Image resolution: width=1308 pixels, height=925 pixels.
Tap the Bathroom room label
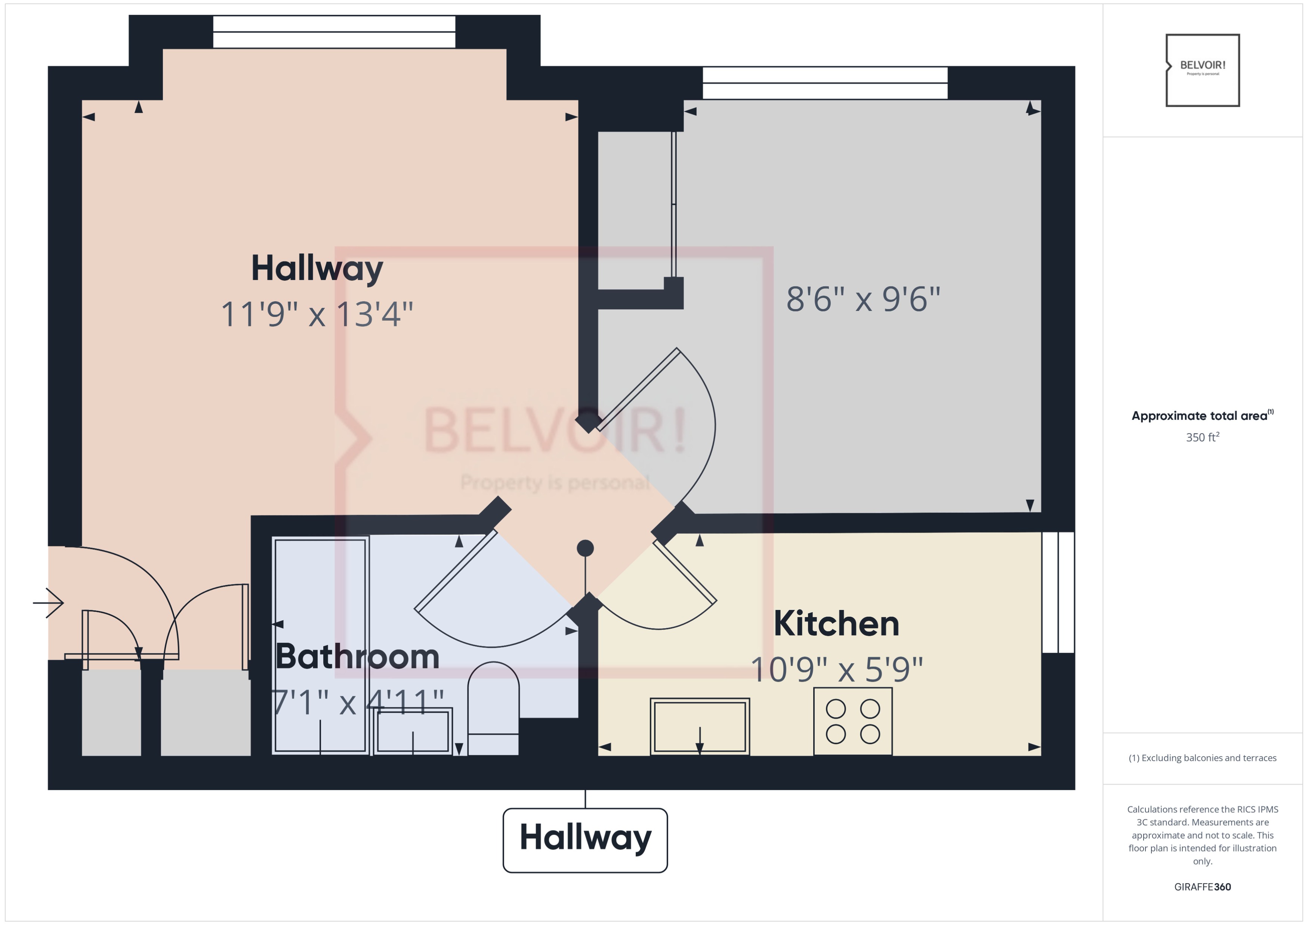pos(357,657)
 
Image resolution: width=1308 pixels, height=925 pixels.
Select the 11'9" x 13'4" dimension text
pos(317,314)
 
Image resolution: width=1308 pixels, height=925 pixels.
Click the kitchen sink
pos(700,727)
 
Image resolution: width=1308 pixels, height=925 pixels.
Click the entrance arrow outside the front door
pos(49,602)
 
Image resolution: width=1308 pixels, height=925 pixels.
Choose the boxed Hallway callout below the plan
pos(585,839)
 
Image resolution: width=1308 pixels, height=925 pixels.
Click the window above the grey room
pos(824,83)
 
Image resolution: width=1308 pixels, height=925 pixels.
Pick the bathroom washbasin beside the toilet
pos(413,731)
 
